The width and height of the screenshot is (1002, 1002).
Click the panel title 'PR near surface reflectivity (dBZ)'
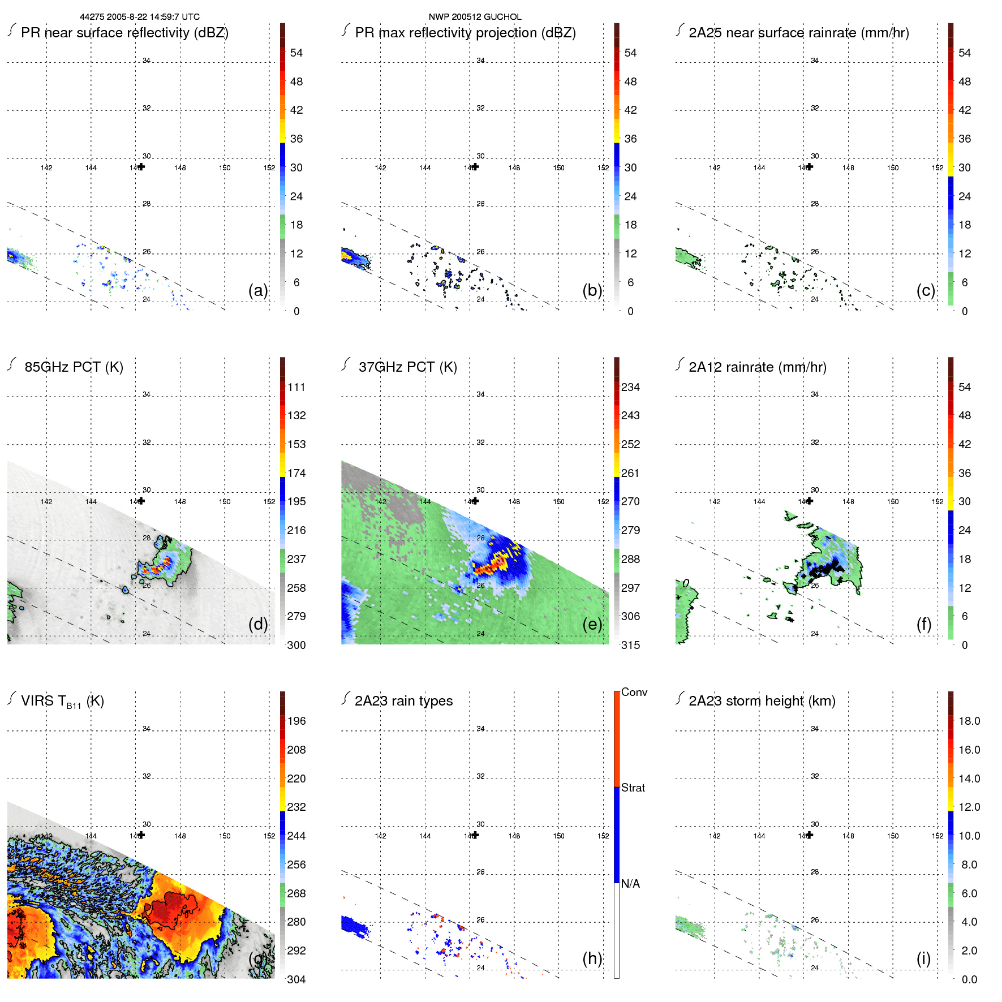[x=124, y=33]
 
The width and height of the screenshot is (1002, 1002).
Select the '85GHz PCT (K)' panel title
[x=74, y=367]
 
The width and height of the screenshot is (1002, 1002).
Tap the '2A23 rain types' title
[x=403, y=701]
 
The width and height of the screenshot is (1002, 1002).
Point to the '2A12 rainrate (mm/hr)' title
[x=757, y=367]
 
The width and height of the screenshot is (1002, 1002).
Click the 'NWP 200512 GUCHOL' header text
[x=475, y=17]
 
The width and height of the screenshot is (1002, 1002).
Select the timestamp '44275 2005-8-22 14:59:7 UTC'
[x=139, y=17]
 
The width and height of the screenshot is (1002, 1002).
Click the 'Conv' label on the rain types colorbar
[x=634, y=692]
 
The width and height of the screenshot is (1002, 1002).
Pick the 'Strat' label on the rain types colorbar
[x=633, y=788]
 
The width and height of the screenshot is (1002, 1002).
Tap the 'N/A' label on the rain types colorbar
[x=630, y=884]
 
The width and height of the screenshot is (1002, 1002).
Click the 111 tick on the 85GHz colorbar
[x=296, y=387]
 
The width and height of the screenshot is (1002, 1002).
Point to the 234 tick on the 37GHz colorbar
[x=630, y=387]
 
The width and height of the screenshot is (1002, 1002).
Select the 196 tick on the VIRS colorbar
[x=296, y=721]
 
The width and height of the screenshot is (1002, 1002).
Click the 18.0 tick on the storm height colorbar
[x=969, y=721]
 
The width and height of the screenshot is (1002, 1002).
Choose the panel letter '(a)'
[x=257, y=290]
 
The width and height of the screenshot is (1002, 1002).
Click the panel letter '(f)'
[x=924, y=624]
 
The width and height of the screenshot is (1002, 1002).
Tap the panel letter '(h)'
[x=592, y=958]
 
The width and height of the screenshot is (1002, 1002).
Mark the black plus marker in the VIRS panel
[x=141, y=835]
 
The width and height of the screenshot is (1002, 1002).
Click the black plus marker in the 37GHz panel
[x=475, y=501]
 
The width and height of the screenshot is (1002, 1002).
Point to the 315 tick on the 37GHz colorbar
[x=630, y=645]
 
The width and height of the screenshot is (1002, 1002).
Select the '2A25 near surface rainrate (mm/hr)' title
[x=798, y=33]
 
